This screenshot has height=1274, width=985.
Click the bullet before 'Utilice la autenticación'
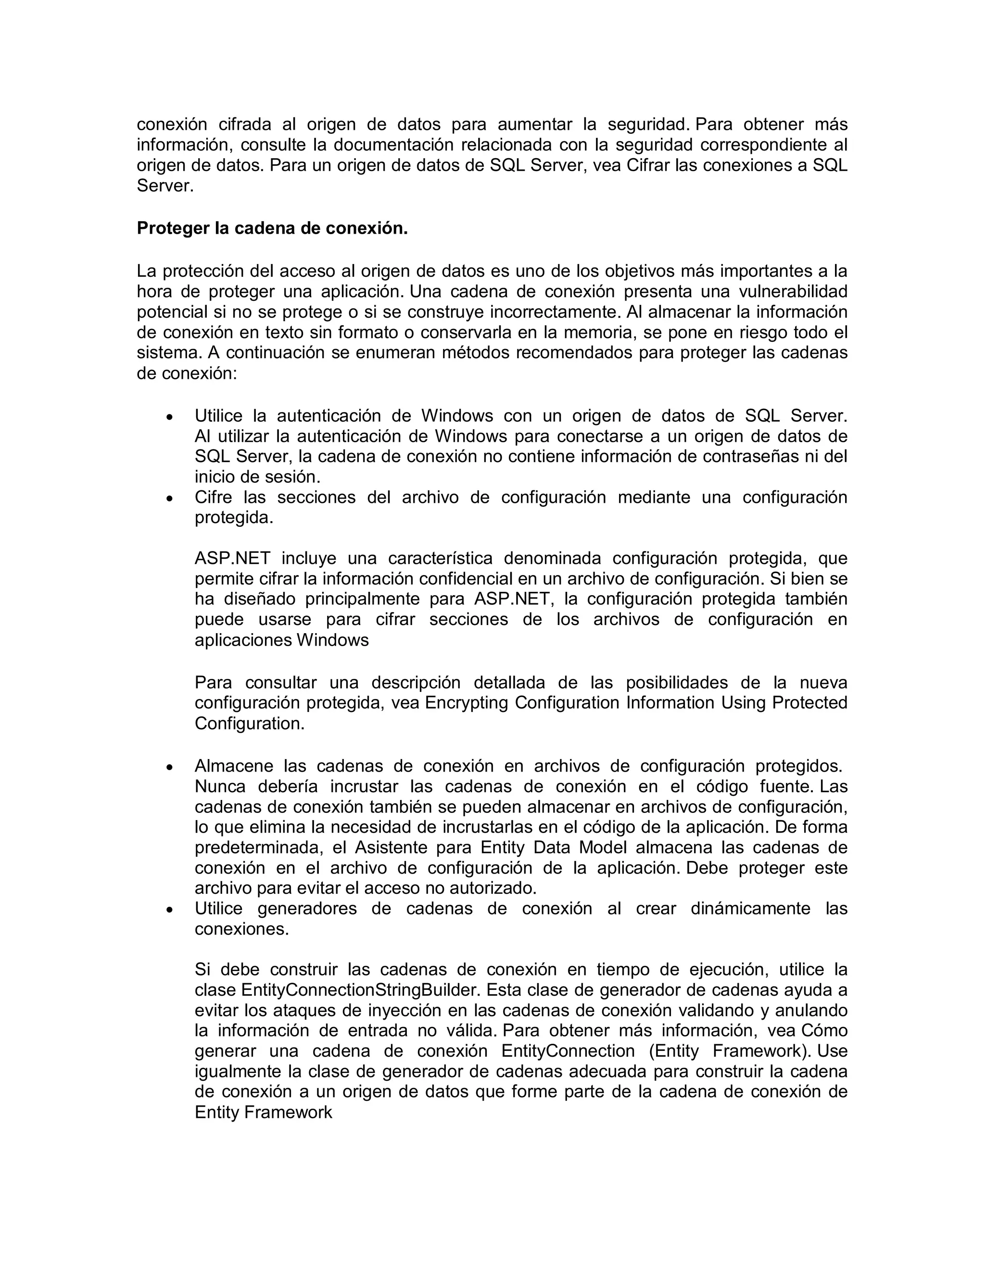(170, 418)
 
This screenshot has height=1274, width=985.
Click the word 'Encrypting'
(467, 703)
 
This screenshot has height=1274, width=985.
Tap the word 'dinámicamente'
(750, 909)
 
